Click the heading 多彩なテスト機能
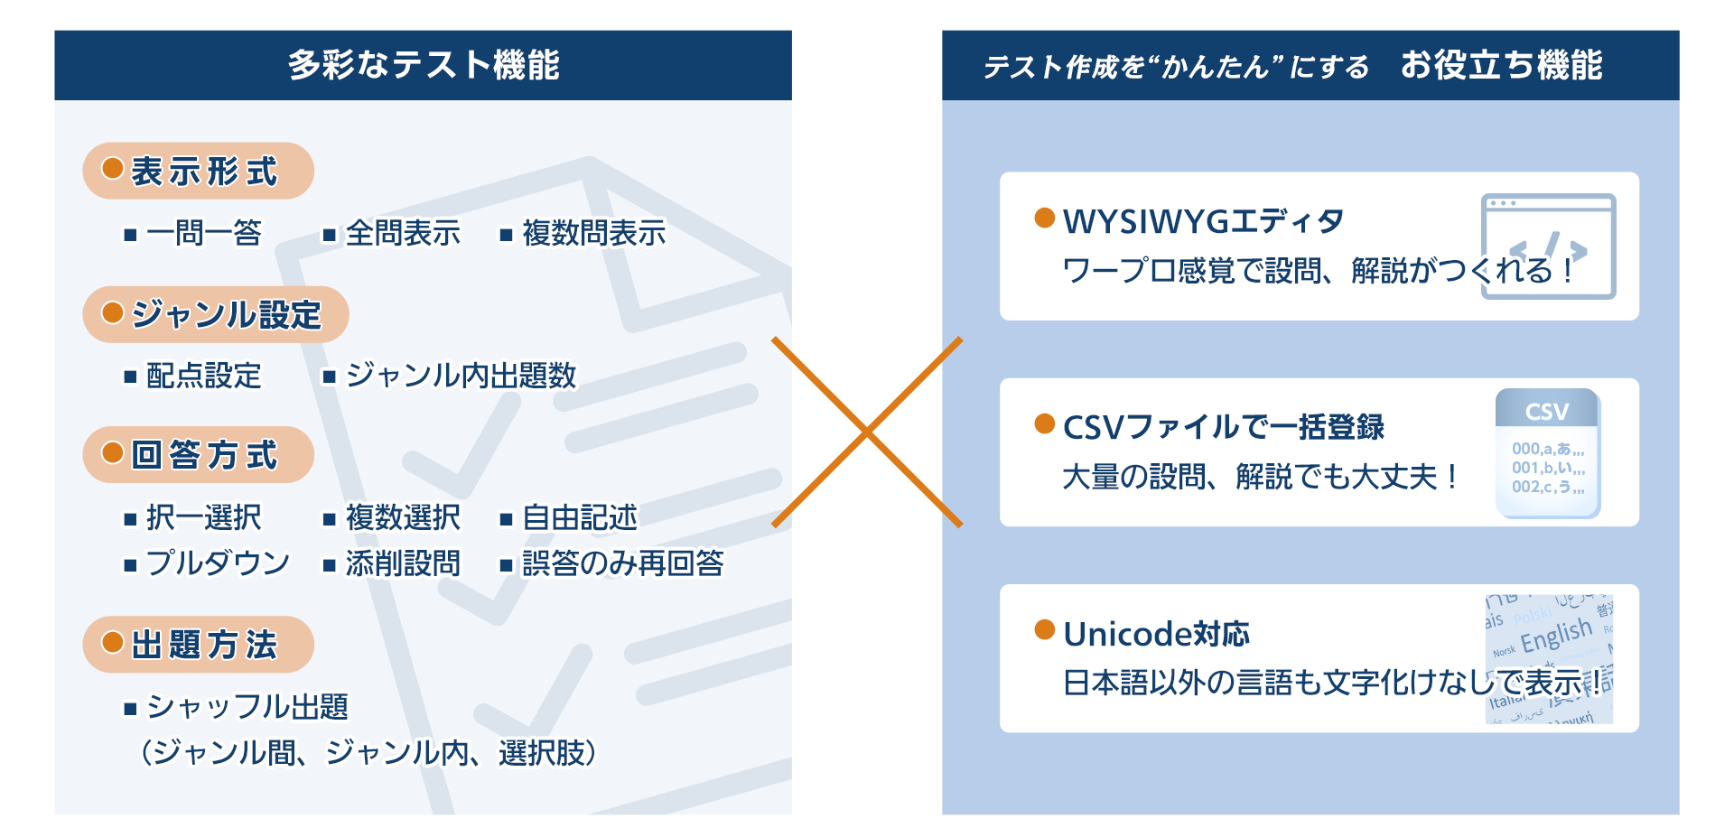tap(424, 65)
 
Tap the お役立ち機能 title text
tap(1501, 65)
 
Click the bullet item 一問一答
tap(203, 233)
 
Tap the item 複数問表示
tap(593, 233)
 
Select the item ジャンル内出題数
tap(461, 375)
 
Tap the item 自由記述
tap(579, 517)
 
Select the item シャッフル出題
tap(247, 706)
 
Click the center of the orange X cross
tap(867, 432)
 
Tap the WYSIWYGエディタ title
tap(1203, 221)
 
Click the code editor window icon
tap(1548, 246)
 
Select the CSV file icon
tap(1547, 453)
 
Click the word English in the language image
tap(1556, 635)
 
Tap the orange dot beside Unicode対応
tap(1045, 629)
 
